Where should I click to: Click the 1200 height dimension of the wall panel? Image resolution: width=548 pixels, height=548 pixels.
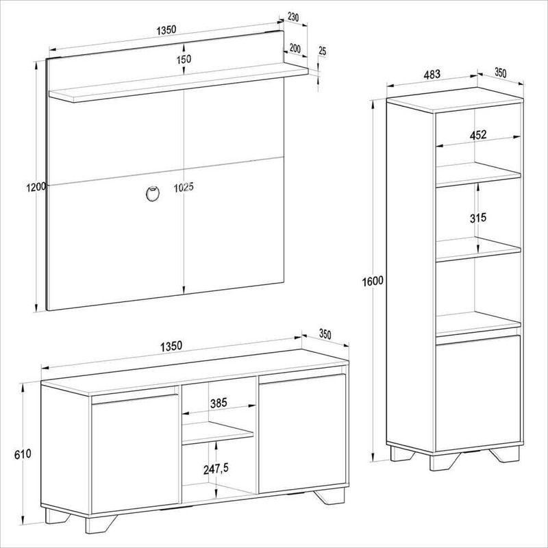[36, 187]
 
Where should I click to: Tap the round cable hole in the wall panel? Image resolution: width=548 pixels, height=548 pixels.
[153, 193]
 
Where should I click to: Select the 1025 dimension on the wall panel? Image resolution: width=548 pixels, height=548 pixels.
[184, 188]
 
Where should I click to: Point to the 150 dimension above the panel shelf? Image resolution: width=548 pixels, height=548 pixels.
[184, 59]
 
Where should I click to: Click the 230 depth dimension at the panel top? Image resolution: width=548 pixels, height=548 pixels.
[293, 16]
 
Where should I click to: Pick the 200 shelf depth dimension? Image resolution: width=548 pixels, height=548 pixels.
[295, 48]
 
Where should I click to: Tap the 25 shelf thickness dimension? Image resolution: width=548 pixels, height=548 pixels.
[322, 51]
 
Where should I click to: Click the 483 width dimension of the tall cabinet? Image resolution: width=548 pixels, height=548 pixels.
[432, 75]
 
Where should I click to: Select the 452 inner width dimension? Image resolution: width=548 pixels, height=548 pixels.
[477, 134]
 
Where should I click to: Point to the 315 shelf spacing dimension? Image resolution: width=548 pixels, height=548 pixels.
[477, 218]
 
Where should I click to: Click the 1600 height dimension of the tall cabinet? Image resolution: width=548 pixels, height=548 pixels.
[373, 281]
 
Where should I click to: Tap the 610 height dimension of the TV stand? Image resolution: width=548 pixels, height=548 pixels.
[23, 453]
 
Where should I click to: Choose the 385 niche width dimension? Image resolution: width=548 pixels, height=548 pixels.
[219, 403]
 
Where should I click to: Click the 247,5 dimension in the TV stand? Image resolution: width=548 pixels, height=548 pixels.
[216, 469]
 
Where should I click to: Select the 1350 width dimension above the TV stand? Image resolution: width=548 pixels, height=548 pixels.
[171, 346]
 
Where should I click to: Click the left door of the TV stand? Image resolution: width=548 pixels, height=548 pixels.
[135, 453]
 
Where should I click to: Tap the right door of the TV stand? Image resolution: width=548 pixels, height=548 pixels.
[302, 434]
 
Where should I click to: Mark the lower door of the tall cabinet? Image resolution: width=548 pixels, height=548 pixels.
[478, 393]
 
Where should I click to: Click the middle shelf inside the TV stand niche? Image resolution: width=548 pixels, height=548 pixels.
[218, 434]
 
